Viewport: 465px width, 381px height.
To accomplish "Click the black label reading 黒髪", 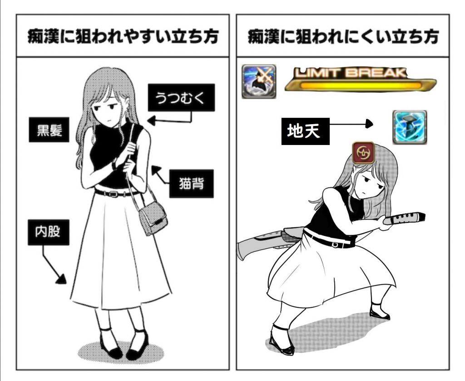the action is [49, 130].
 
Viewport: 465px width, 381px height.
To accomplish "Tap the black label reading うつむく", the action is [181, 97].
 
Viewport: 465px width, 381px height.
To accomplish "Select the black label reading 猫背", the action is [191, 184].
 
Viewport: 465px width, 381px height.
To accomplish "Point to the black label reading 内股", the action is [48, 232].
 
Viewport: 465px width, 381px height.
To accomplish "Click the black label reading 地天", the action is [305, 131].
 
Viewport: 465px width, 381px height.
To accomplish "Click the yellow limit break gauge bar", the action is [361, 85].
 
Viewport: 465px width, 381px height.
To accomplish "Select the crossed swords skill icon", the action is [259, 81].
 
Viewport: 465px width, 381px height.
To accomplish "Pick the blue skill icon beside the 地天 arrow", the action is [410, 127].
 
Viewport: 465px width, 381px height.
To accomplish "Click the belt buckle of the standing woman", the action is [113, 194].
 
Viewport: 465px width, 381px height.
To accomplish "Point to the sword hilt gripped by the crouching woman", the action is [404, 218].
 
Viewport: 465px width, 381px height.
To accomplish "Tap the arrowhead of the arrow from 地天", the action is [369, 124].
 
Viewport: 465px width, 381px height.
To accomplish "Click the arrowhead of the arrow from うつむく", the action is [152, 120].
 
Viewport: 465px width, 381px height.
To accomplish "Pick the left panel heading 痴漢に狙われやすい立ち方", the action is [123, 36].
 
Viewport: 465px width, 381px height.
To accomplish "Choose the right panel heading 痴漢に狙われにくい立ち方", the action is [343, 36].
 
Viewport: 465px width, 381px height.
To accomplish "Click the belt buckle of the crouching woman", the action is [336, 245].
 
